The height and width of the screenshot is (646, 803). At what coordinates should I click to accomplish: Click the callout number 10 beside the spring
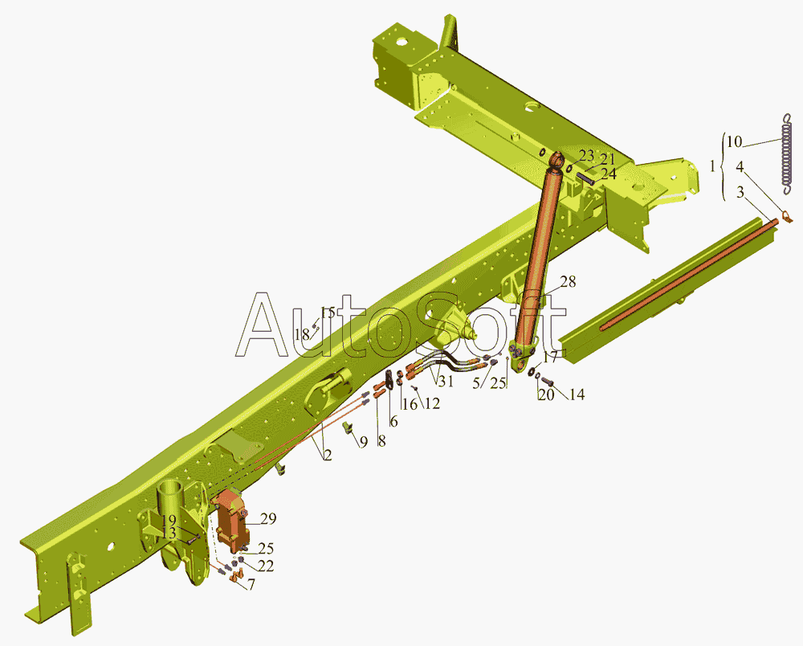coord(734,142)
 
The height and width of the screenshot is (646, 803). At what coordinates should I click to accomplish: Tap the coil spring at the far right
coord(788,153)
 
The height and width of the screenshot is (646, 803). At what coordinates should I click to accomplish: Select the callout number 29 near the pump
coord(268,518)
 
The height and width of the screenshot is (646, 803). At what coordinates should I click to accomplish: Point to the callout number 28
coord(568,281)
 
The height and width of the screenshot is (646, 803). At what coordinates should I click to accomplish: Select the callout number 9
coord(363,442)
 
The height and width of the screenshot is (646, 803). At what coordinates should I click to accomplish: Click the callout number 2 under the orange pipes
coord(328,455)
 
